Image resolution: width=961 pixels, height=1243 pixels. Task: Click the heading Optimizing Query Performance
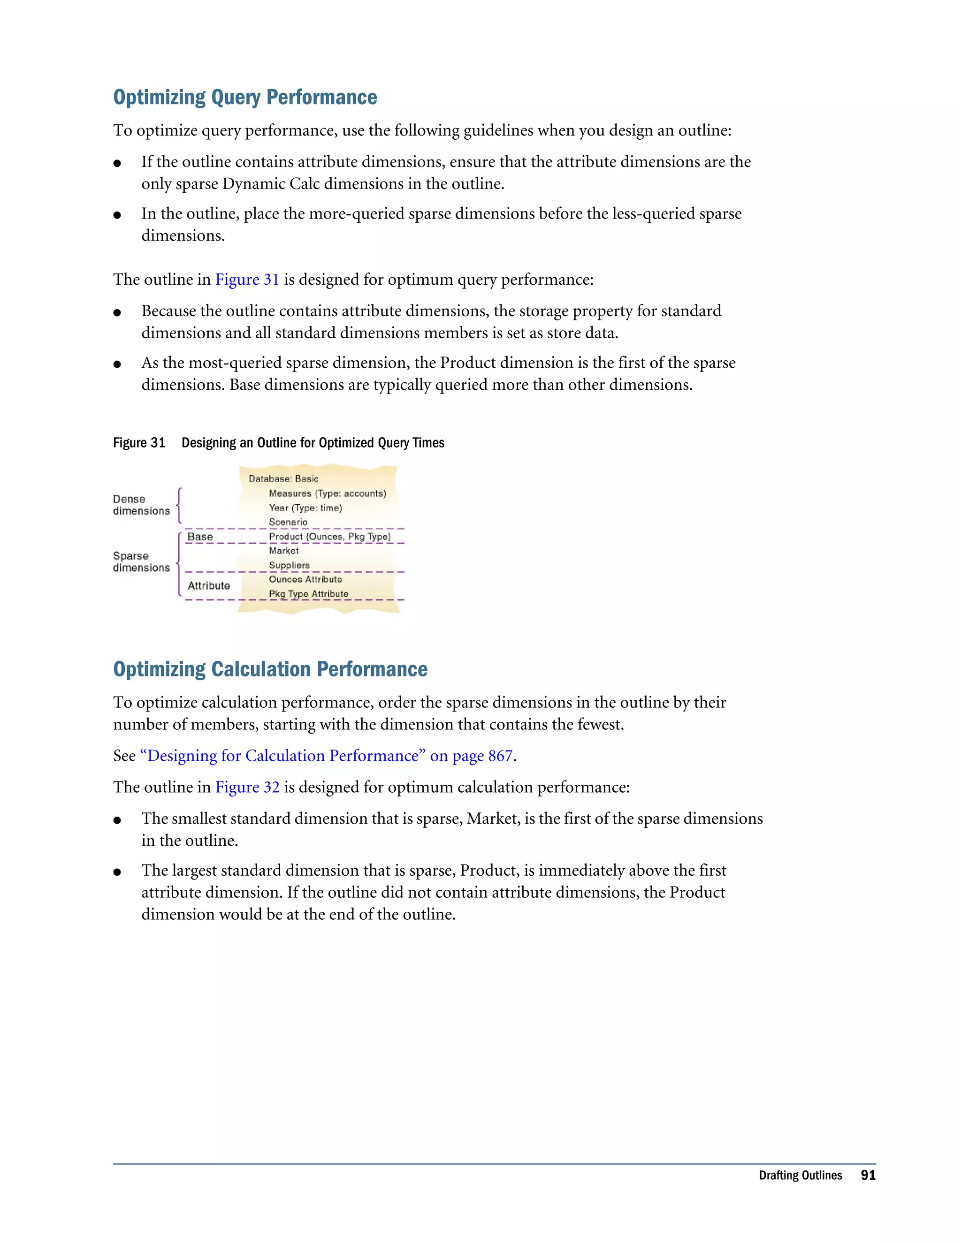point(245,97)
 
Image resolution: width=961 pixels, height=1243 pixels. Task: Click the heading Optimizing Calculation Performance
point(270,669)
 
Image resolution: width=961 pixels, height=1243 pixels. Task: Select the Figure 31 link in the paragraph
point(246,280)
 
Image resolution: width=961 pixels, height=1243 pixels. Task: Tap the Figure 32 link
point(247,787)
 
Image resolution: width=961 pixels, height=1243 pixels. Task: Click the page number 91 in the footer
point(868,1175)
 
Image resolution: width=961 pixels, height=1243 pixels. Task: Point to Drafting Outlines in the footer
point(800,1175)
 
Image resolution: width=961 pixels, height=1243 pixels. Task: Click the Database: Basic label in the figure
point(283,478)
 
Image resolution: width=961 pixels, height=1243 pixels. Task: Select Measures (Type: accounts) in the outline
point(328,493)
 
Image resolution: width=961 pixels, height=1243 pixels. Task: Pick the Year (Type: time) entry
point(305,508)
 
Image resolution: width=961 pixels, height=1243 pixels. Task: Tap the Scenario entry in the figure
point(288,522)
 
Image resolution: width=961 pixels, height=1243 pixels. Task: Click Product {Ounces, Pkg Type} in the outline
point(329,536)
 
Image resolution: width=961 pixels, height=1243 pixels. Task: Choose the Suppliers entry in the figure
point(289,565)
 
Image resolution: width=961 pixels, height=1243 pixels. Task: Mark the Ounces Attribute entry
point(305,579)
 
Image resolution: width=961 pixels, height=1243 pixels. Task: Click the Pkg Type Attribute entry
point(309,594)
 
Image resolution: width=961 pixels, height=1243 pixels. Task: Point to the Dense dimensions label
point(141,505)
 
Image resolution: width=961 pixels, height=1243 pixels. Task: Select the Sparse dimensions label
point(141,562)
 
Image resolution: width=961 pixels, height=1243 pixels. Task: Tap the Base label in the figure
point(200,537)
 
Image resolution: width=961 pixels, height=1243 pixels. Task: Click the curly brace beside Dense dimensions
point(179,505)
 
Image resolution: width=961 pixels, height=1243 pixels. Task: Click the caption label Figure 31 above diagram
point(139,443)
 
